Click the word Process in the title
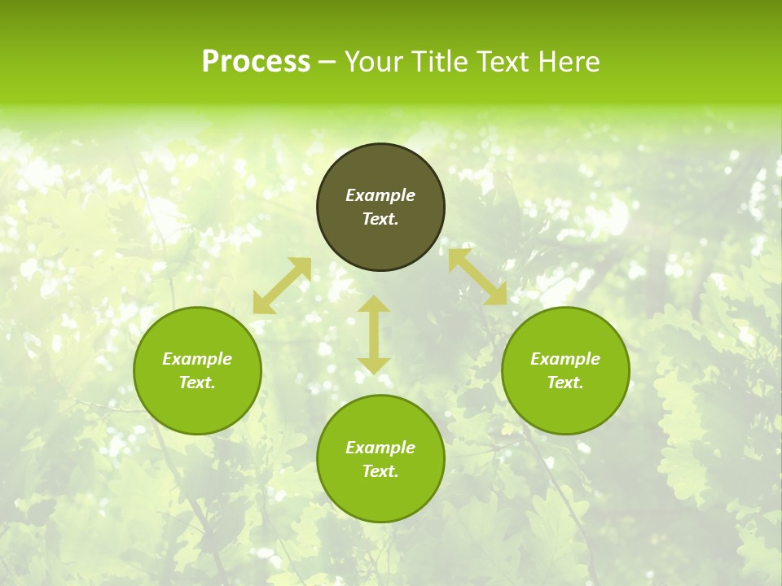(256, 62)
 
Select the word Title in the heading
(437, 62)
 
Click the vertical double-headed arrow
(374, 335)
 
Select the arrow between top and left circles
(282, 286)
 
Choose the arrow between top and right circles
(477, 277)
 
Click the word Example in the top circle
(380, 195)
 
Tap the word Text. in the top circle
(380, 219)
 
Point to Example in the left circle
(197, 359)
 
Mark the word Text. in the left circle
(197, 383)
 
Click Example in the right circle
(565, 359)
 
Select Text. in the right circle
(565, 383)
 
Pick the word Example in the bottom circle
(380, 448)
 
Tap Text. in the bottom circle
(380, 471)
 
